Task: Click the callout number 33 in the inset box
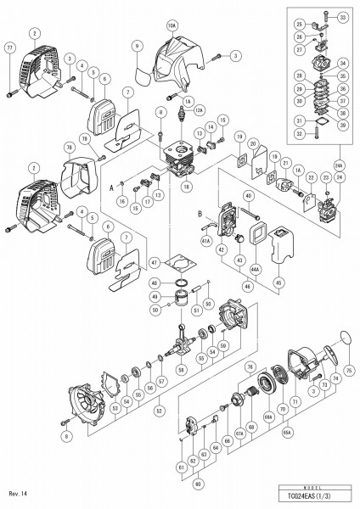pos(342,16)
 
